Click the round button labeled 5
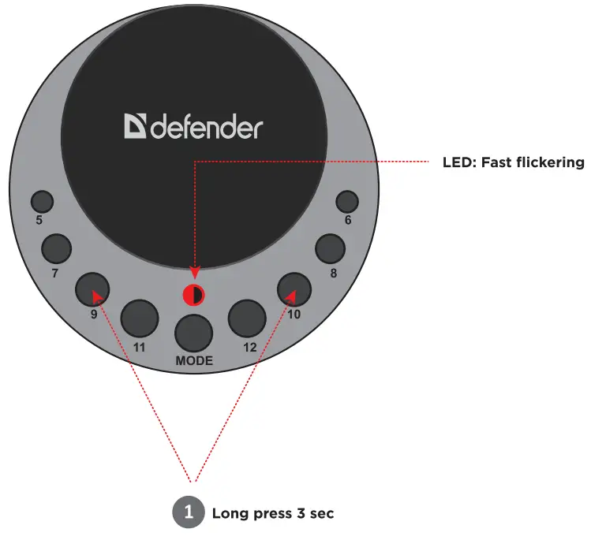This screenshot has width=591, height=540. (42, 202)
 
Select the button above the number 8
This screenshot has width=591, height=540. (331, 250)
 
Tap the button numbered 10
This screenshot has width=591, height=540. (294, 289)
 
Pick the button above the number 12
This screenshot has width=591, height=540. (246, 318)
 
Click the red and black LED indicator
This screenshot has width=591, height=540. (193, 296)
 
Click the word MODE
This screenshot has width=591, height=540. (193, 361)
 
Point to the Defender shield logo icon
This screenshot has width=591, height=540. (135, 127)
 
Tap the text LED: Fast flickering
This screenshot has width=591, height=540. (513, 163)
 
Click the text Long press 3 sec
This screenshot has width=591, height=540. (273, 514)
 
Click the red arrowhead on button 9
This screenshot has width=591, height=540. (97, 296)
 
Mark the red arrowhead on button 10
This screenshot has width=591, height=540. (290, 296)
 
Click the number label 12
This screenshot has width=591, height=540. (250, 347)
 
